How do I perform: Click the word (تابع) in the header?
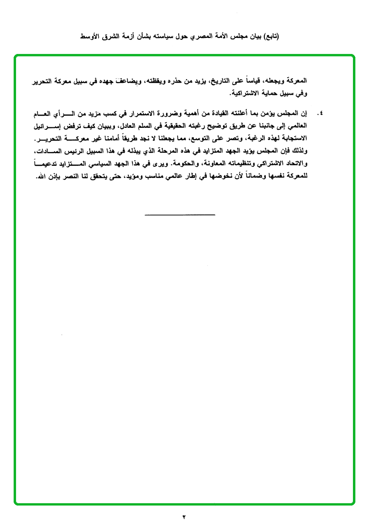tap(271, 37)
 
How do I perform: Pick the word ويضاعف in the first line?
tap(126, 80)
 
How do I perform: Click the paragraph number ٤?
tap(320, 114)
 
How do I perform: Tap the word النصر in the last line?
tap(67, 177)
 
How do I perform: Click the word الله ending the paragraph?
tap(41, 177)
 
